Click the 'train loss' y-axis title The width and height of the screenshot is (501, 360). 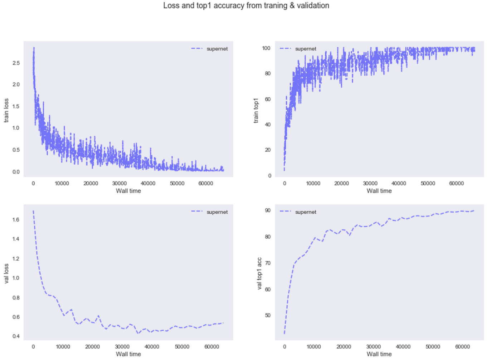click(6, 110)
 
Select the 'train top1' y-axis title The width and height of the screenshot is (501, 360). click(256, 110)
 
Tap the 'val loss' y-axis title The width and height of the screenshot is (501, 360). click(6, 274)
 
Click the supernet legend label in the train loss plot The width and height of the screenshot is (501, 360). click(217, 49)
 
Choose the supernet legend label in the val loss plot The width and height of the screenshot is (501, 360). click(217, 212)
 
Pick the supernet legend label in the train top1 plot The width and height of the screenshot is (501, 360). click(306, 49)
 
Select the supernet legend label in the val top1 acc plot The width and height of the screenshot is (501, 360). click(306, 212)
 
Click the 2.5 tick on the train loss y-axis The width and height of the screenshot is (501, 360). click(16, 63)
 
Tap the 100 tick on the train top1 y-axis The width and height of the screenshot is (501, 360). click(266, 48)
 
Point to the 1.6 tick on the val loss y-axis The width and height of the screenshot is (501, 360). click(16, 220)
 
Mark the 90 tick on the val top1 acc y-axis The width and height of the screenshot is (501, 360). click(268, 210)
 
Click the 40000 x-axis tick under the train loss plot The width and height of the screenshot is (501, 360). click(148, 183)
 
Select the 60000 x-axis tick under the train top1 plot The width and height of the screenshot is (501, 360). click(456, 183)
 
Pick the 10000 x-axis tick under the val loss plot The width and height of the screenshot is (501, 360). click(63, 346)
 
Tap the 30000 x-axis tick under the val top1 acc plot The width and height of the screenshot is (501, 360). click(373, 346)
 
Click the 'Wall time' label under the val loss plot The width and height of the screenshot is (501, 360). click(128, 354)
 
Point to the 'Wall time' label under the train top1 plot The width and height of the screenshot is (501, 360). click(379, 191)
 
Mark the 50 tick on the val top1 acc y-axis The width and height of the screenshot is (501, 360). click(268, 315)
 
